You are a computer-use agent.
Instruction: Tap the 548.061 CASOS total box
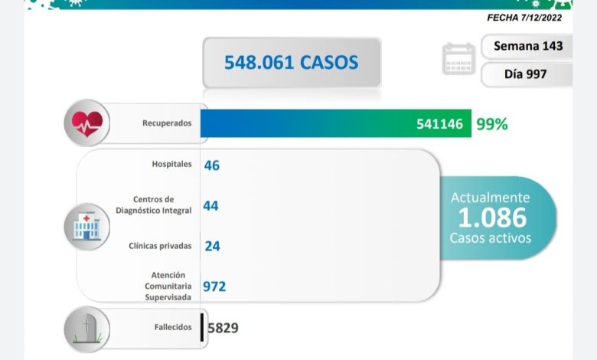coord(291,62)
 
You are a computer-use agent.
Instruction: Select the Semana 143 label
coord(528,46)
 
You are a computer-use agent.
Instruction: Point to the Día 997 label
coord(527,74)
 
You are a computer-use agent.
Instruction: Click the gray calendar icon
coord(458,60)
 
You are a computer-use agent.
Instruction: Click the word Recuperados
coord(166,123)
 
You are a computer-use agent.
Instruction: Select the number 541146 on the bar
coord(439,123)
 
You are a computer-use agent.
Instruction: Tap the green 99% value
coord(491,123)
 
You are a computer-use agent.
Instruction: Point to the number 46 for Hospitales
coord(211,165)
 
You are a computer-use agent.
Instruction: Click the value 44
coord(211,205)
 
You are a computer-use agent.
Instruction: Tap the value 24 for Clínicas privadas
coord(213,246)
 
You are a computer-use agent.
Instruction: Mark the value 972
coord(214,286)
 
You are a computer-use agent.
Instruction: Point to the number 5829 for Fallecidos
coord(223,329)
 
